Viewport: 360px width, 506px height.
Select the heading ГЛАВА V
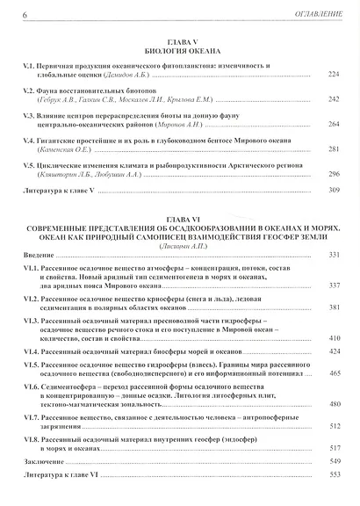coord(183,41)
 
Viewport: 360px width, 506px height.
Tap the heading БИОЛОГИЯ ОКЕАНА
coord(183,51)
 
